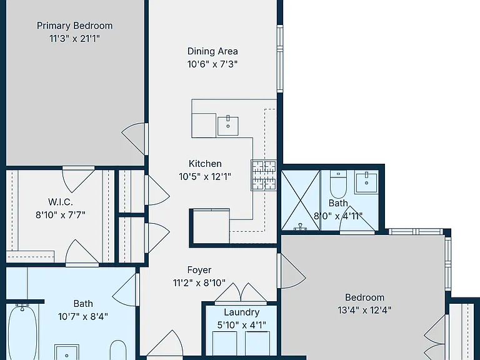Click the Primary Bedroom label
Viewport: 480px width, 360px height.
[x=75, y=26]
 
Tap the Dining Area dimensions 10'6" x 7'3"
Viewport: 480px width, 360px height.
[x=212, y=64]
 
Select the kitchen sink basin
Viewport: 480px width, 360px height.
[x=228, y=126]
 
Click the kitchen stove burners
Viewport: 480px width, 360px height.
[x=264, y=176]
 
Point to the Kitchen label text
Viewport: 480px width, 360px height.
[x=205, y=164]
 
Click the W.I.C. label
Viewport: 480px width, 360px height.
[x=61, y=202]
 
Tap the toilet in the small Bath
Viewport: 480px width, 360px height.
[x=338, y=184]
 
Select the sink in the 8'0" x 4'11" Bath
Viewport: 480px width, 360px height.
[x=366, y=182]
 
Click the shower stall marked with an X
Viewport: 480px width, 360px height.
[x=301, y=200]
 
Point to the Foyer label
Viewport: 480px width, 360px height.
[x=199, y=270]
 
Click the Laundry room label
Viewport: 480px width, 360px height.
[x=241, y=312]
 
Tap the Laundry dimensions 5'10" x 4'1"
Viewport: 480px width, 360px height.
[x=241, y=325]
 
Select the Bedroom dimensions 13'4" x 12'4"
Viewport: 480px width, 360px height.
[x=364, y=311]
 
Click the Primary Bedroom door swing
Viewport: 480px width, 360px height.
[x=135, y=139]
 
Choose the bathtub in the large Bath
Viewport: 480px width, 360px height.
[x=22, y=332]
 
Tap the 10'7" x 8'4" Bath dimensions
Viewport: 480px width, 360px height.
[x=83, y=316]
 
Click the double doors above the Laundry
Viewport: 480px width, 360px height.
[x=241, y=294]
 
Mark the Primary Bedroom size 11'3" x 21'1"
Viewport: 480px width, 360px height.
[x=75, y=39]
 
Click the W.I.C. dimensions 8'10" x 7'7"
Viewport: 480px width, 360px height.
[x=61, y=215]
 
